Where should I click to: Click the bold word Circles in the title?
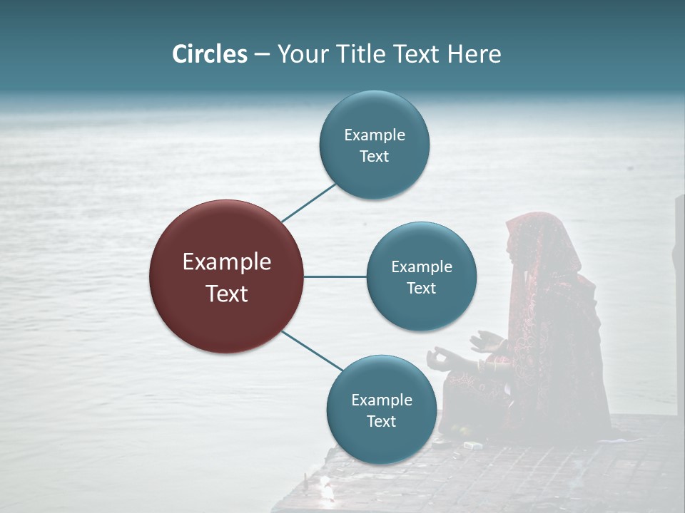coord(209,54)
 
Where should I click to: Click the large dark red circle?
coord(226,276)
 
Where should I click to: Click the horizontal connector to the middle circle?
coord(335,276)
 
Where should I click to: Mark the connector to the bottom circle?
coord(311,350)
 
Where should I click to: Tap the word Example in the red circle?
coord(226,261)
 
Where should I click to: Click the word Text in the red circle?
coord(226,293)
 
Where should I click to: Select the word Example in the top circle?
coord(374,135)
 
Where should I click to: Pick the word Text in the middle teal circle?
coord(421,288)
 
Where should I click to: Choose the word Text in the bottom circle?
coord(381,421)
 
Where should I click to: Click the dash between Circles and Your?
coord(262,55)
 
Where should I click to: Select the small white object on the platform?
coord(472,445)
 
